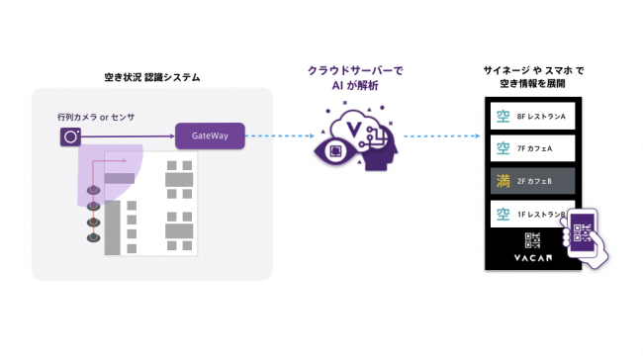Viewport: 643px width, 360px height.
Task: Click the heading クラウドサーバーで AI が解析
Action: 355,78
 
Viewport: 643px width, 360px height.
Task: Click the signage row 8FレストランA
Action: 532,118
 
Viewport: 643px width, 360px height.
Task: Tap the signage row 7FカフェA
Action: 532,149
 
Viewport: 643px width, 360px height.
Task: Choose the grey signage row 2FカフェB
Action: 532,181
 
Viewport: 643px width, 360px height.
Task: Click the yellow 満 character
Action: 502,181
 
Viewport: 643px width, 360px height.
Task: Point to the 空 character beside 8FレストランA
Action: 502,118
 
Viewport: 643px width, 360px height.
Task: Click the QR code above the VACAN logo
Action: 532,239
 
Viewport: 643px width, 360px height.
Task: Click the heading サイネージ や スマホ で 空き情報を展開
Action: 533,78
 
